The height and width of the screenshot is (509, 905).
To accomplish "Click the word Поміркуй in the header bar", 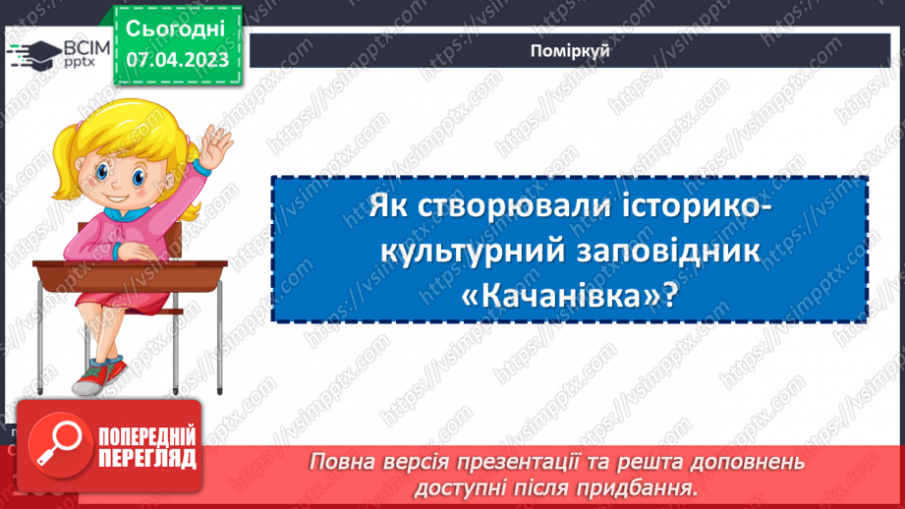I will click(576, 51).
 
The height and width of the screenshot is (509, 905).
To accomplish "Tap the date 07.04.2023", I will click(177, 59).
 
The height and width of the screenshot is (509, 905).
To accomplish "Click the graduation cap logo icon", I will click(32, 53).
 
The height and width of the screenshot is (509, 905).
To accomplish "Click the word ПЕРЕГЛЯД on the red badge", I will click(147, 459).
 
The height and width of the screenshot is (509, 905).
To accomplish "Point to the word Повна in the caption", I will click(340, 462).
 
